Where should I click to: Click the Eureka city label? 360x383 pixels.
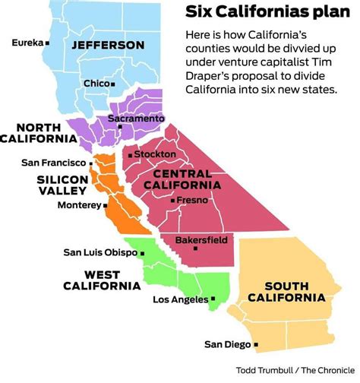[x=27, y=43]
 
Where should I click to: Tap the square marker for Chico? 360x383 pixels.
[x=112, y=84]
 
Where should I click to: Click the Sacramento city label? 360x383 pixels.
[x=136, y=119]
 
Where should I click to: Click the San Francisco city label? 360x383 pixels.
[x=53, y=162]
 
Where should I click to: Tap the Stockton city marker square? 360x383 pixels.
[x=131, y=155]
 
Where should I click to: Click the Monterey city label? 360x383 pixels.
[x=77, y=204]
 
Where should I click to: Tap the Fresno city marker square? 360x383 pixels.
[x=173, y=201]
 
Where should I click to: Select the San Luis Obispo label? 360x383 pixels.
[x=100, y=252]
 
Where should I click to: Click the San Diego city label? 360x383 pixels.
[x=226, y=344]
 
